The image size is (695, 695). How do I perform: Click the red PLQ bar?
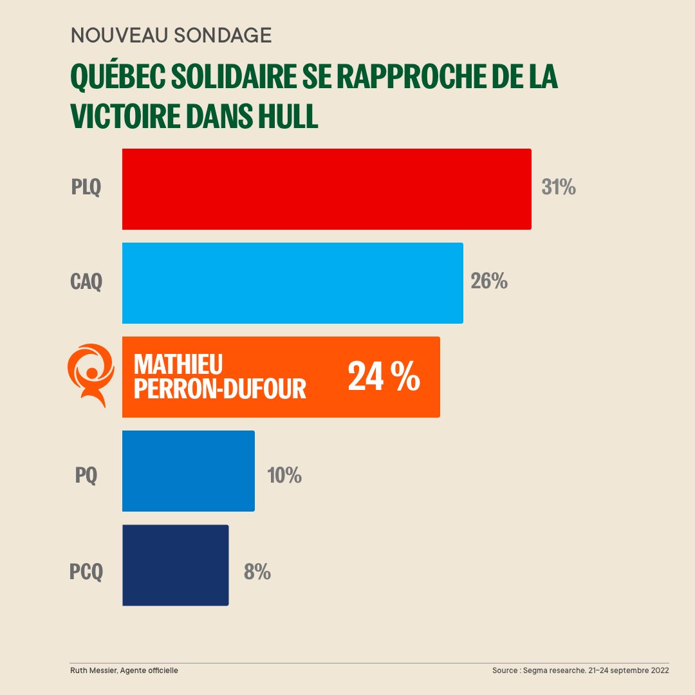[326, 189]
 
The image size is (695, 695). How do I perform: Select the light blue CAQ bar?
[292, 283]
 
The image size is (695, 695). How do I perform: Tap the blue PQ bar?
[188, 471]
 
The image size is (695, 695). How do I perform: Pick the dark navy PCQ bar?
[175, 565]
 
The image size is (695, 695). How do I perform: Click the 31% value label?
[558, 187]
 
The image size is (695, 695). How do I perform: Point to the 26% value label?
[489, 281]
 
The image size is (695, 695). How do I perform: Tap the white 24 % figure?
[384, 377]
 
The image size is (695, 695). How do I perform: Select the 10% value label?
[284, 476]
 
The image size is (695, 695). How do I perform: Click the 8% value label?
[257, 571]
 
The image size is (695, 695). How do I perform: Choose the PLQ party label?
[86, 188]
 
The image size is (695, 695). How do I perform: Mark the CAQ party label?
[86, 282]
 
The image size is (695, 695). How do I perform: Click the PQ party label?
[86, 476]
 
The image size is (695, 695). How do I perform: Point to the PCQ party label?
[86, 571]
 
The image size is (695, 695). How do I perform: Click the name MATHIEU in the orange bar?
[178, 365]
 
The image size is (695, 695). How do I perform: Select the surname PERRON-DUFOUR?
[219, 389]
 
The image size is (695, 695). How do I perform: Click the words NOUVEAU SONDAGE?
[171, 35]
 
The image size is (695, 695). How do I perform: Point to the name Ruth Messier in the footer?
[97, 671]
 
